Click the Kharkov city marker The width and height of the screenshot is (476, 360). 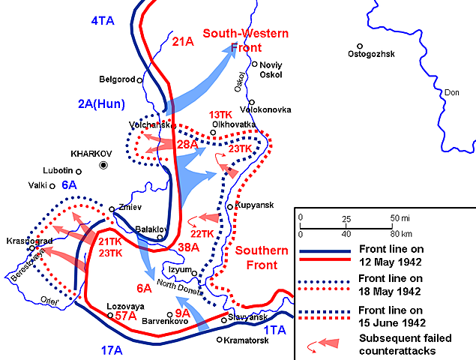pos(104,164)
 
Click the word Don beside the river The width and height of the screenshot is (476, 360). pos(452,92)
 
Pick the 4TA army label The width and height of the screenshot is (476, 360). pos(102,21)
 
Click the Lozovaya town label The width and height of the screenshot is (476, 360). pos(130,306)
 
